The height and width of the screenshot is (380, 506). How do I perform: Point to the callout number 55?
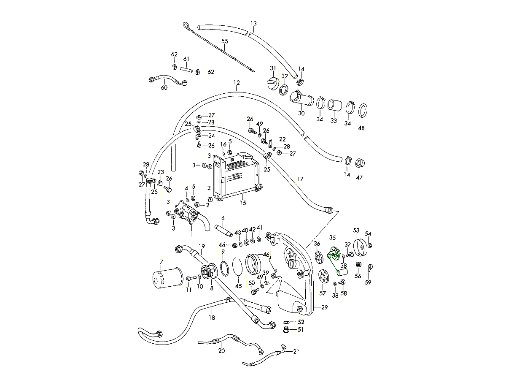click(225, 41)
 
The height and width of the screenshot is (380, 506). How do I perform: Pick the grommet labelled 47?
click(360, 163)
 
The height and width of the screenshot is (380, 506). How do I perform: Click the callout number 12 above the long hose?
click(236, 83)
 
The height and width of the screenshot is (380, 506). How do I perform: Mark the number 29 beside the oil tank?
click(324, 307)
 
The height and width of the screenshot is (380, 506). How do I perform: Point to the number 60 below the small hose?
click(164, 88)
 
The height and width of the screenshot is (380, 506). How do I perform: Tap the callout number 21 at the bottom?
click(296, 351)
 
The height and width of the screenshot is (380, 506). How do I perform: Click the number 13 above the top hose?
click(253, 23)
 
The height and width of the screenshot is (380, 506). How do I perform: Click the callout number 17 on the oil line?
click(300, 179)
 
